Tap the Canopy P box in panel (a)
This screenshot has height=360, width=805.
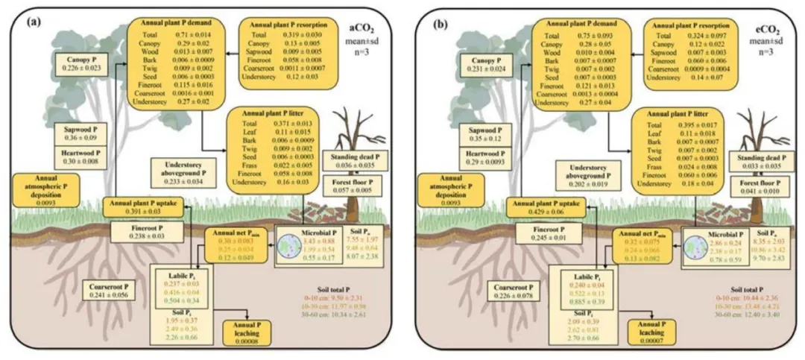(83, 63)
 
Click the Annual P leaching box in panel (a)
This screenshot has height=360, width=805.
(248, 329)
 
